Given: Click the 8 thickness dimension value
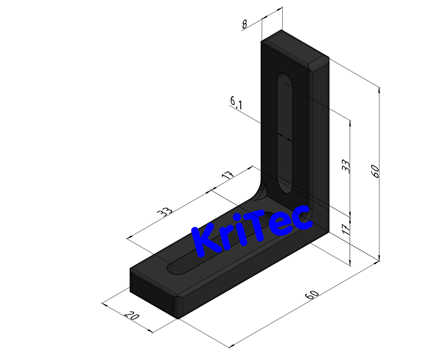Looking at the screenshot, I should coord(244,25).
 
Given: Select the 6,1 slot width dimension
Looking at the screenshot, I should coord(236,103).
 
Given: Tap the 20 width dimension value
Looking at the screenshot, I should coord(131,316).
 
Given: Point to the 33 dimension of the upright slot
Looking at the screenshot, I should coord(346,166).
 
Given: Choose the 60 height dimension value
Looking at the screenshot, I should coord(375,170).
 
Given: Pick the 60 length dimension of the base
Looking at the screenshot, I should coord(312,294).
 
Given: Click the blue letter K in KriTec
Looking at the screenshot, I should coord(206,240).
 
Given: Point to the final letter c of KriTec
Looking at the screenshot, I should coord(302,217).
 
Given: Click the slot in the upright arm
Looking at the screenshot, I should coord(285,132).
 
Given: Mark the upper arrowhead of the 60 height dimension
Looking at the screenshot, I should coord(379,89).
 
